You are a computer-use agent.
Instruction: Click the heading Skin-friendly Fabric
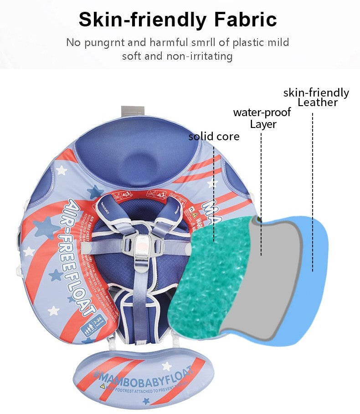[178, 20]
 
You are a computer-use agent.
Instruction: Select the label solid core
[214, 136]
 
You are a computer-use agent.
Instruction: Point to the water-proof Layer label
[262, 118]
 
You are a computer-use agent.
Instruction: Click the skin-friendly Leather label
[316, 97]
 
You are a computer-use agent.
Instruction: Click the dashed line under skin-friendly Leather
[313, 191]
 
